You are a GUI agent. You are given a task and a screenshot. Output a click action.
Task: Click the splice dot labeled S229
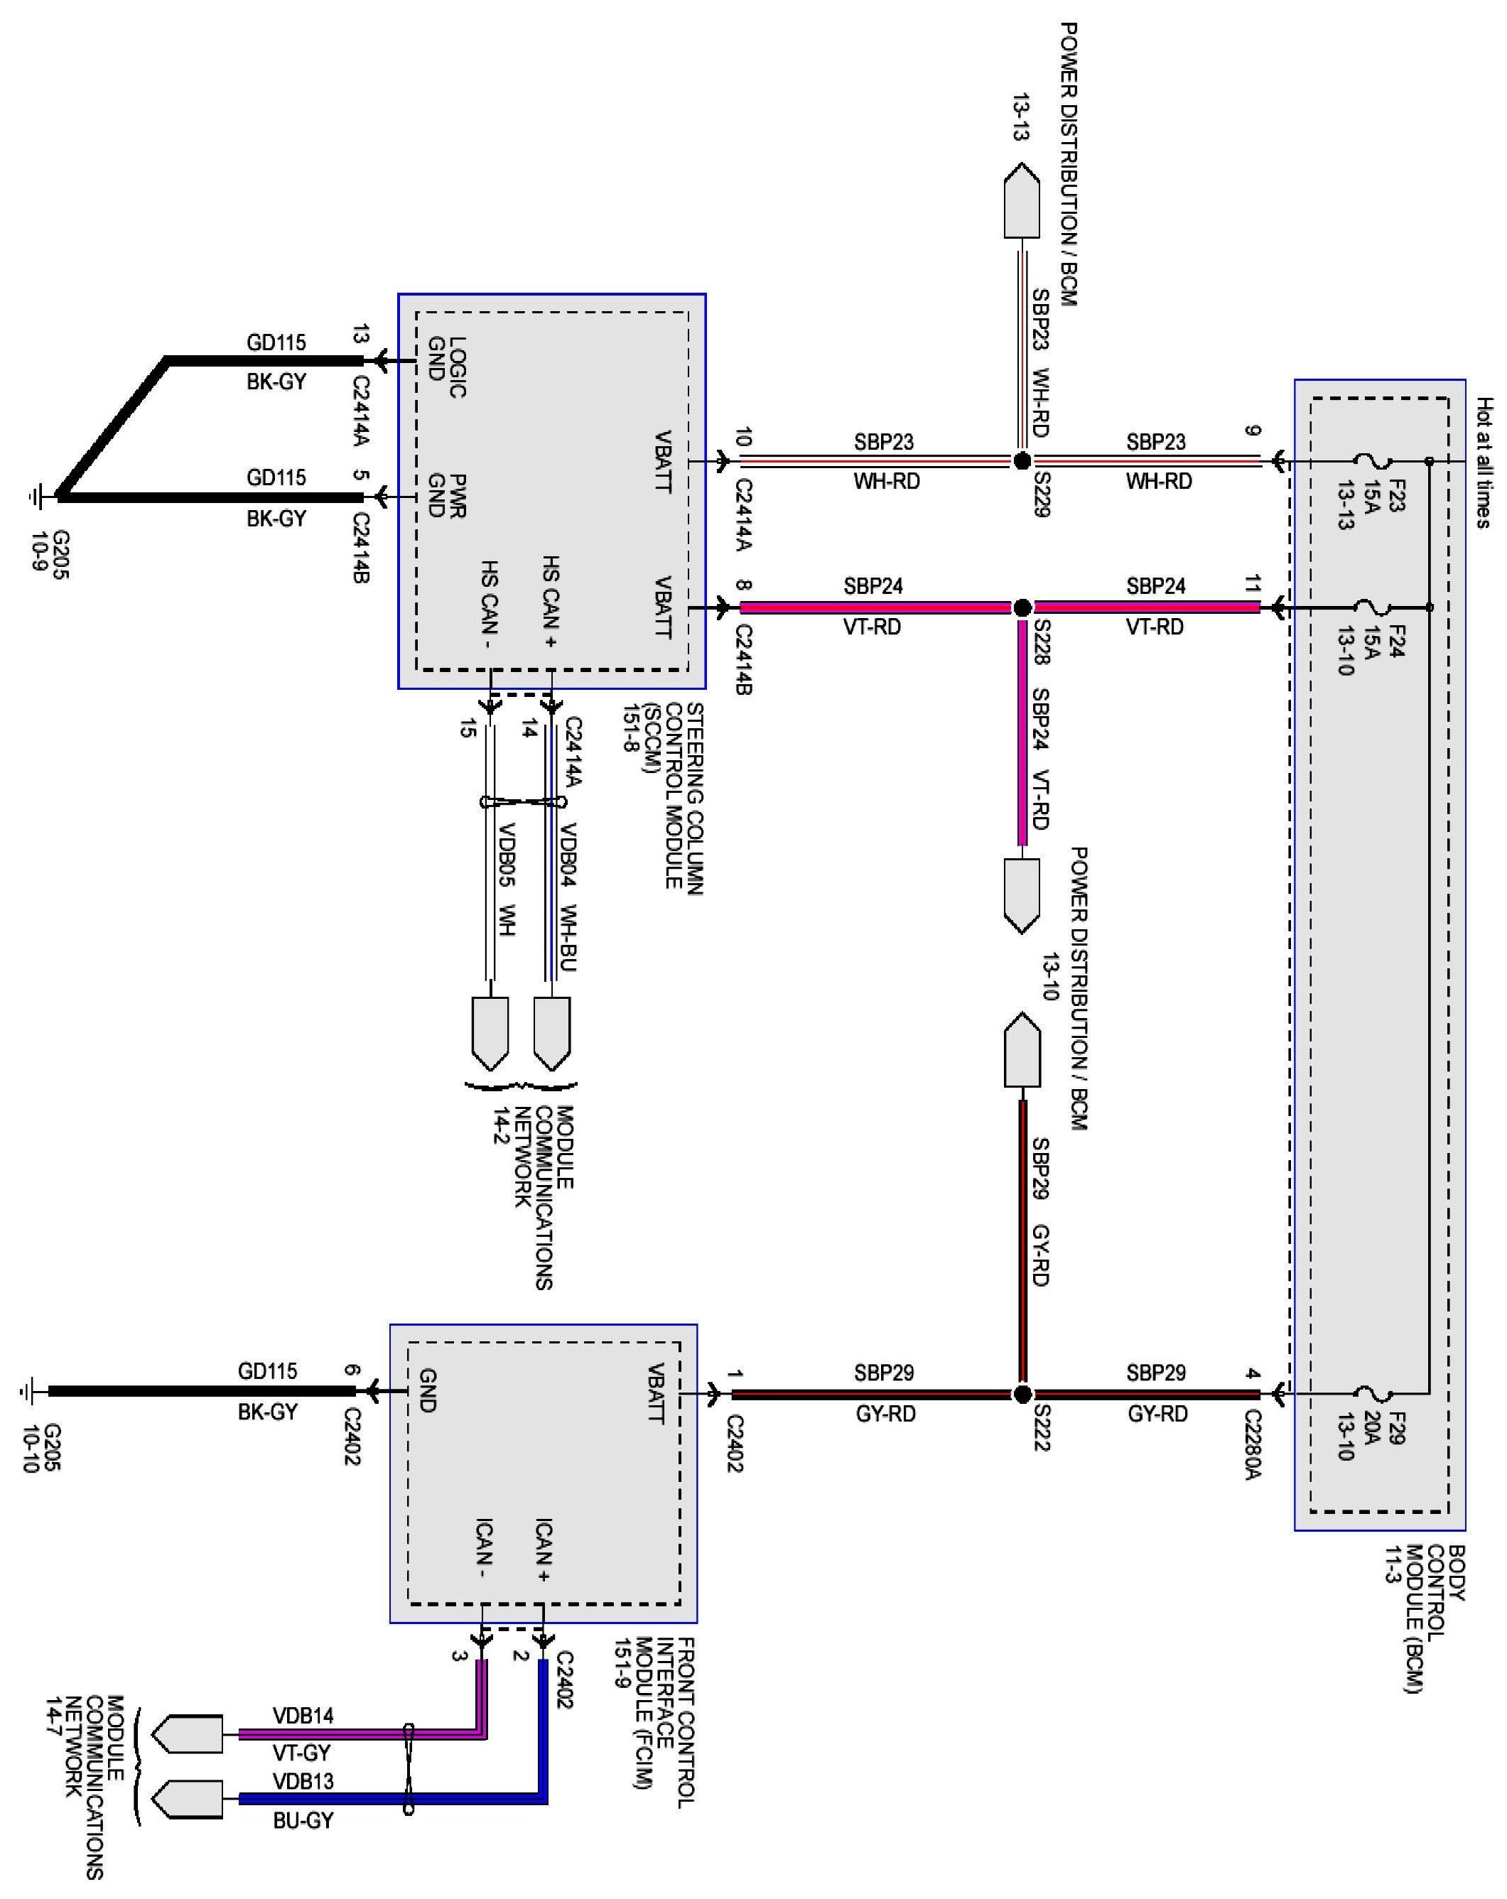(x=1022, y=460)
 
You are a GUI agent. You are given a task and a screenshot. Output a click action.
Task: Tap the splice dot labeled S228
(x=1022, y=607)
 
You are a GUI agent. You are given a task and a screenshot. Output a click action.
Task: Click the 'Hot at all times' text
(x=1484, y=462)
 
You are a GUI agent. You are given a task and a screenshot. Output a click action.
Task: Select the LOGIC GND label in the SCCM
(x=446, y=367)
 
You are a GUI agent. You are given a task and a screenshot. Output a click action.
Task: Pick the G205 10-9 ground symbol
(x=36, y=497)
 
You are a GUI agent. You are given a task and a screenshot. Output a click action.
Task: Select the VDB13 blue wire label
(x=303, y=1781)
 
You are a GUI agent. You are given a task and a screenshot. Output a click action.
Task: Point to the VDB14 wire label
(x=303, y=1716)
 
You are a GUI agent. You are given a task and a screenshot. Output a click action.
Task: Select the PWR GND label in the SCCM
(x=446, y=495)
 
